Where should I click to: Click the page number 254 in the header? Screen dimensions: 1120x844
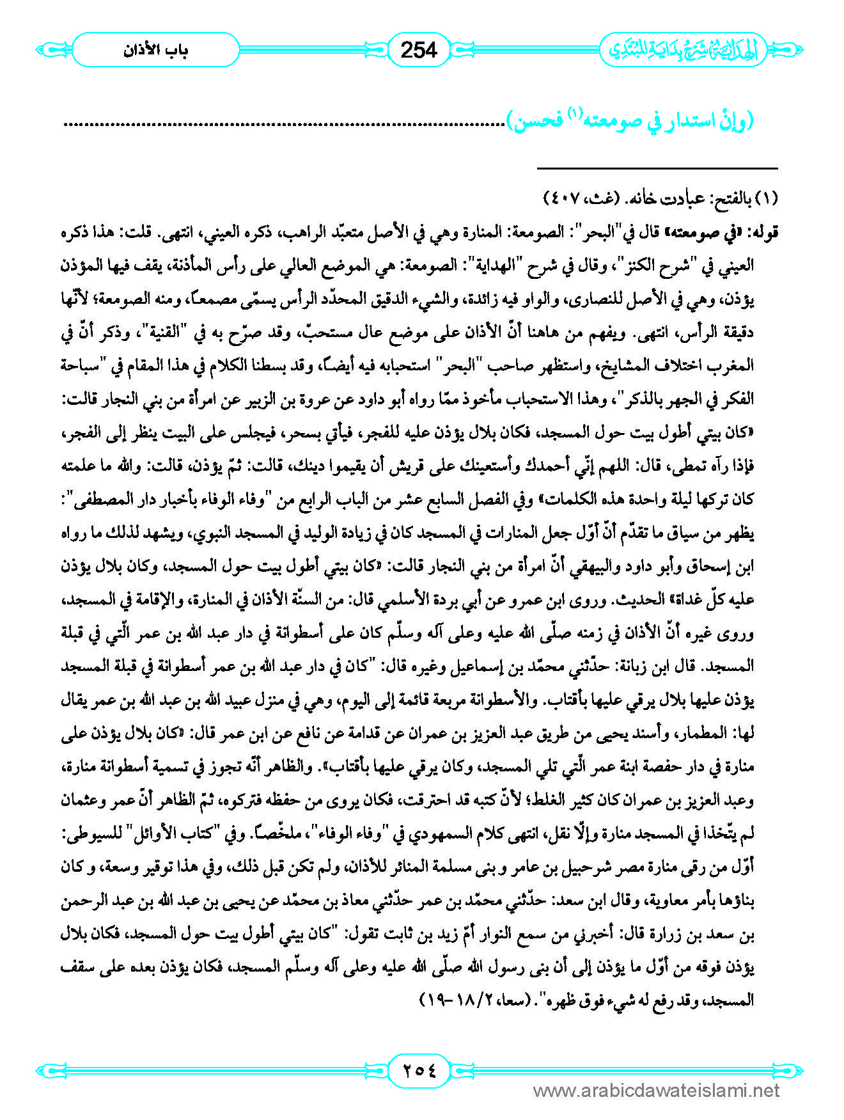pyautogui.click(x=419, y=49)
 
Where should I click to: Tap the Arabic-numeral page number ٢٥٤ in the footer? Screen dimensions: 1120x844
pyautogui.click(x=419, y=1069)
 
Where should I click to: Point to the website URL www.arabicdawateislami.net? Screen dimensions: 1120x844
pyautogui.click(x=656, y=1091)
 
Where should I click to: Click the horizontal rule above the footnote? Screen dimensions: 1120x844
pyautogui.click(x=657, y=168)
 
